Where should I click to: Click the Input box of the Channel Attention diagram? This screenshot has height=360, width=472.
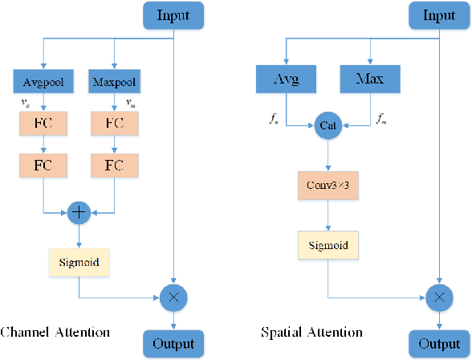(x=174, y=14)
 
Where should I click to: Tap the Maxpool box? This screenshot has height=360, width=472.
(x=114, y=81)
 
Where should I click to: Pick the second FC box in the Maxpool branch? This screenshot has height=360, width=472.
(x=114, y=166)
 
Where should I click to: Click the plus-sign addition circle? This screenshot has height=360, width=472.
(x=79, y=212)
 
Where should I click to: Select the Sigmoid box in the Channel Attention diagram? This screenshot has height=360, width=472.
(x=79, y=261)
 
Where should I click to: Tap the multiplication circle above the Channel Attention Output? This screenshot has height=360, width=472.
(x=173, y=297)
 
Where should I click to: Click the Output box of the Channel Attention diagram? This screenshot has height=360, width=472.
(x=174, y=344)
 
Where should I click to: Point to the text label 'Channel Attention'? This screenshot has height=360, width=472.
(x=55, y=331)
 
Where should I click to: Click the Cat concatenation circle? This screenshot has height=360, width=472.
(x=328, y=125)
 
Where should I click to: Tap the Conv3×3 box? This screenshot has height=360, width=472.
(x=328, y=185)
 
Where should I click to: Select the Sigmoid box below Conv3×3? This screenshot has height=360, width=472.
(x=328, y=245)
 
